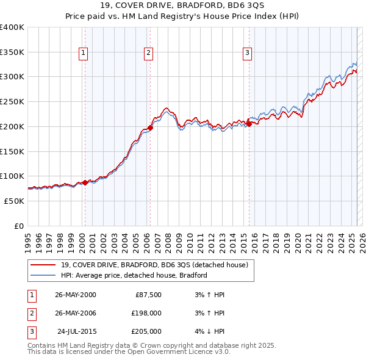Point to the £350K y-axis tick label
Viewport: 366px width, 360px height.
12,52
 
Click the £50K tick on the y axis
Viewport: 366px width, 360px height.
15,201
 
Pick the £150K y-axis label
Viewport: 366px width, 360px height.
12,151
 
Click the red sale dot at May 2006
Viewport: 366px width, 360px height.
150,128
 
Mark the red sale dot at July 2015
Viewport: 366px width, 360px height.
249,124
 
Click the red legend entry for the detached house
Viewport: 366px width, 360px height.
154,265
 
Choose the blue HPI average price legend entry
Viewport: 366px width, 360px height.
134,275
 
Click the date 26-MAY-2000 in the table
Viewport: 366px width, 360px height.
75,295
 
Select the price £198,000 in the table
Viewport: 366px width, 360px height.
146,313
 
